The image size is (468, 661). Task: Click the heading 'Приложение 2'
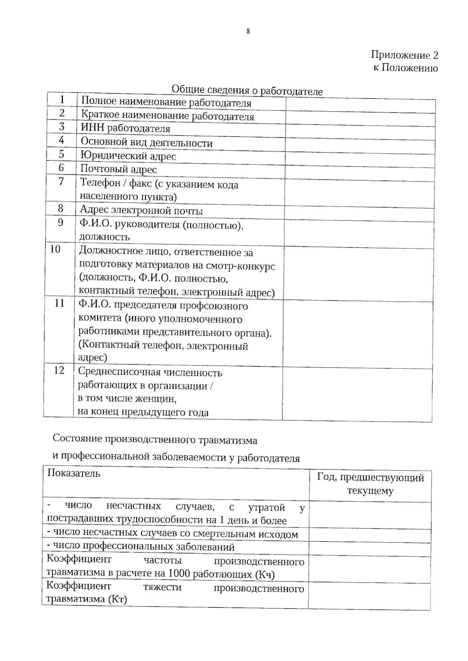(404, 55)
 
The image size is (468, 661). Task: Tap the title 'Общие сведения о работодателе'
(247, 90)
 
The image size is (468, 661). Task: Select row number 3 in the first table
(62, 127)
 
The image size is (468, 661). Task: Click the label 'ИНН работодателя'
(125, 128)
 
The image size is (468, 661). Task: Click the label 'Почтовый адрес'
(119, 169)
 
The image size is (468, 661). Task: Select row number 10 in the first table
(55, 249)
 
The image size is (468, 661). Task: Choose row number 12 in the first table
(59, 370)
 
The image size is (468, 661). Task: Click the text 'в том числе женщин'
(127, 399)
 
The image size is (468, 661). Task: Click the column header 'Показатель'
(74, 473)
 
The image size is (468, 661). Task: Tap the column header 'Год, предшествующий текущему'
(370, 484)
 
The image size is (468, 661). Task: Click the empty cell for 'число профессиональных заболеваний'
(370, 549)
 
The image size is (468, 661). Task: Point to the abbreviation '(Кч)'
(265, 574)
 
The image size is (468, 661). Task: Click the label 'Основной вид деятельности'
(146, 143)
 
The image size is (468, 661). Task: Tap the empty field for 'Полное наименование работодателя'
(360, 106)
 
